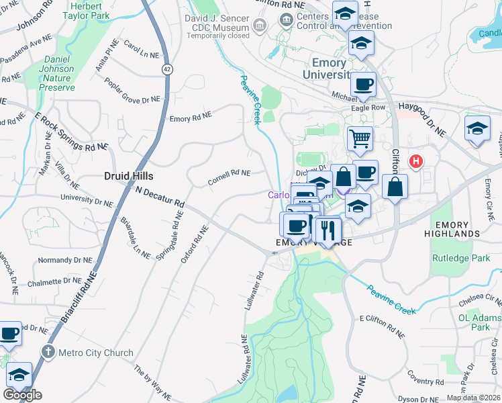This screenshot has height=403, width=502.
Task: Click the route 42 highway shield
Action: pos(165,69)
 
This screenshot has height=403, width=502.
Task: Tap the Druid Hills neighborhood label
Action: pos(128,176)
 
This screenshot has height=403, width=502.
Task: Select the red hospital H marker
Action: pos(417,161)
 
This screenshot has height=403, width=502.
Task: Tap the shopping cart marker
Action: pos(360,139)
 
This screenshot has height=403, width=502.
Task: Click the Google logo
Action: pos(22,394)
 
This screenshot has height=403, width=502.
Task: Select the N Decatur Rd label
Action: pos(159,196)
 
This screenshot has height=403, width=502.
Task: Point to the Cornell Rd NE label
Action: pos(229,177)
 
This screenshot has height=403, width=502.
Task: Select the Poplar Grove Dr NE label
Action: pos(132,90)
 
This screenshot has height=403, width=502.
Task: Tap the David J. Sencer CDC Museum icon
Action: pos(259,26)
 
